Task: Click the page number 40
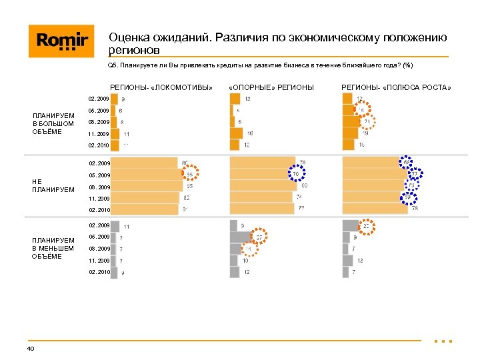(31, 348)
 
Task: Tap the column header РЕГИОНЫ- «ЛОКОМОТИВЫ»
(161, 87)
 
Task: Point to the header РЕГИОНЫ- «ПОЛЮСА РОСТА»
(396, 87)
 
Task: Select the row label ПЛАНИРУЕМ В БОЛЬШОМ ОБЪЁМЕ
(53, 123)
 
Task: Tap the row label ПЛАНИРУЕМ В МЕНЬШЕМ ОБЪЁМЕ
(53, 248)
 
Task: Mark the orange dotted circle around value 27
(259, 237)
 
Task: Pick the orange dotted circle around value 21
(367, 122)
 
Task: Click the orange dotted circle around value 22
(366, 226)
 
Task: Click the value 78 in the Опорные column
(302, 163)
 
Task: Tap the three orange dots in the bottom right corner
(443, 341)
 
